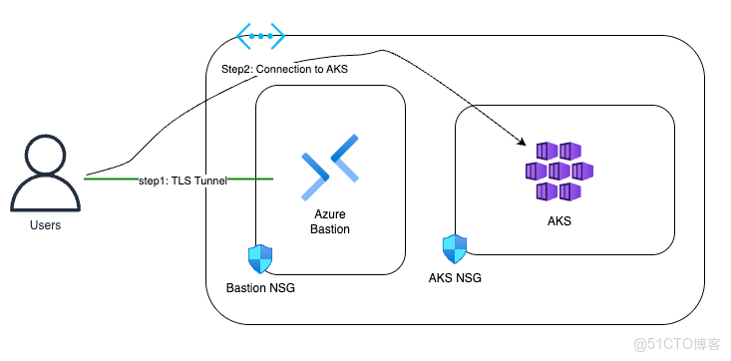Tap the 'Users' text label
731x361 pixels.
[x=45, y=225]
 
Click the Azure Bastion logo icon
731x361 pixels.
[x=330, y=166]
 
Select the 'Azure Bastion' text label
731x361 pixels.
[x=329, y=220]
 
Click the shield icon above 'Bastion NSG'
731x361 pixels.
[x=259, y=259]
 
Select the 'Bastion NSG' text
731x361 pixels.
[x=260, y=288]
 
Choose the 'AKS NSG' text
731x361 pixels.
[x=454, y=278]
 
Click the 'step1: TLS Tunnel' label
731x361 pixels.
[x=183, y=180]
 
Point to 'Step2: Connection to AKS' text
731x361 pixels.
[x=285, y=69]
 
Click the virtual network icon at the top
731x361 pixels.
[x=261, y=36]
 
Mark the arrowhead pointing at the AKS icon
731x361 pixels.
[x=522, y=146]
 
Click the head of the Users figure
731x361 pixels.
[x=46, y=154]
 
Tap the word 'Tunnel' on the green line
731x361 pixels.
[x=207, y=180]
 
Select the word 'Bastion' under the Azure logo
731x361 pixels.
[x=329, y=228]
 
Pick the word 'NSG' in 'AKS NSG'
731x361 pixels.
[x=468, y=278]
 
